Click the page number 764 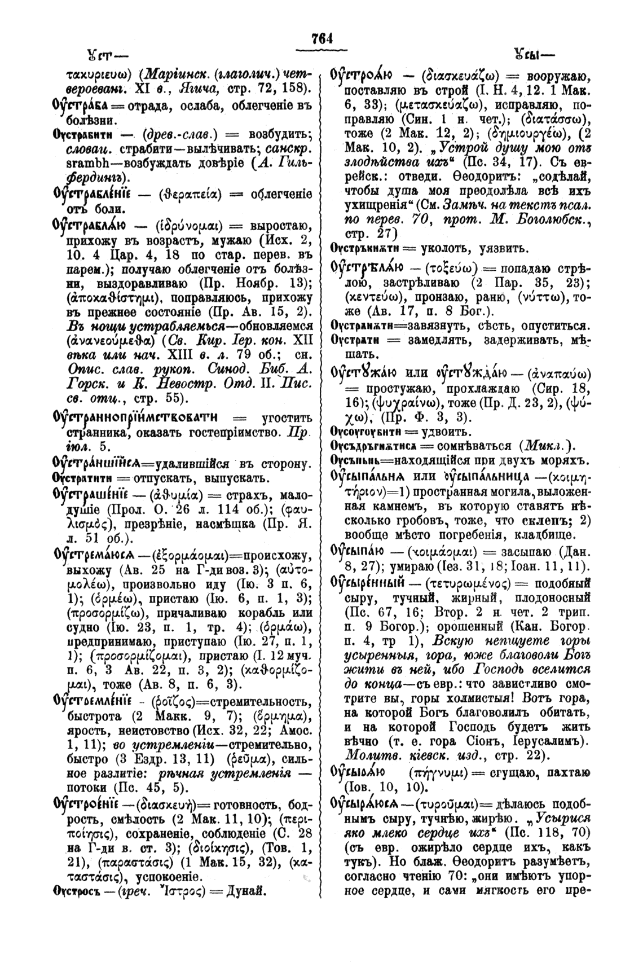(x=323, y=38)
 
